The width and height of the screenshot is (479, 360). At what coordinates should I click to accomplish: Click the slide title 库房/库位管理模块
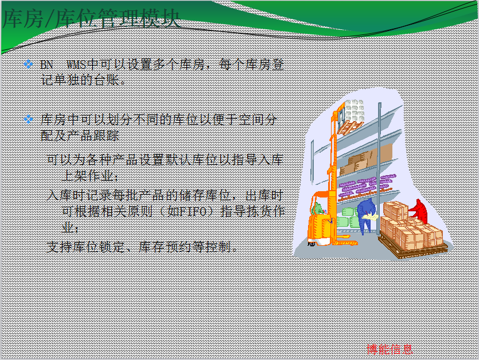pyautogui.click(x=91, y=19)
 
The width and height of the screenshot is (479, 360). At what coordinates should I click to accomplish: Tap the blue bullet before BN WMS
pyautogui.click(x=29, y=64)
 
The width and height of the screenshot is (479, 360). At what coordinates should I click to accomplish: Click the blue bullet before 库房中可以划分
pyautogui.click(x=29, y=119)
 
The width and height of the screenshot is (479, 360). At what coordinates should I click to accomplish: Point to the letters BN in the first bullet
pyautogui.click(x=46, y=65)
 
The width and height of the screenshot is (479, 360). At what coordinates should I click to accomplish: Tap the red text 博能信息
pyautogui.click(x=390, y=349)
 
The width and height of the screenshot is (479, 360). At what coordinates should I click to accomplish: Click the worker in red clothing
pyautogui.click(x=419, y=211)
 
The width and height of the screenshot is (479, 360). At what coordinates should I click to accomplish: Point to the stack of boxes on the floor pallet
pyautogui.click(x=411, y=226)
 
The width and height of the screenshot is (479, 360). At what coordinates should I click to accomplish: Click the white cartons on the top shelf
pyautogui.click(x=354, y=110)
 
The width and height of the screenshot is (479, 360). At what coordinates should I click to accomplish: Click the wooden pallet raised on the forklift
pyautogui.click(x=350, y=127)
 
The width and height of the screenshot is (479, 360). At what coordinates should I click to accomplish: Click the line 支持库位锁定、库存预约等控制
pyautogui.click(x=142, y=247)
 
